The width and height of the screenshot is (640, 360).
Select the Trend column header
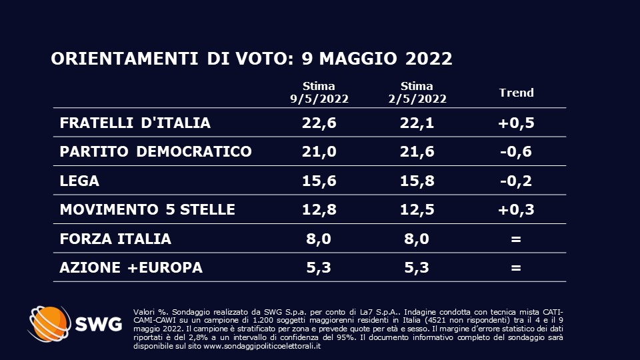tap(517, 93)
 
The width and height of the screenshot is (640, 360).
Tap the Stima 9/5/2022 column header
tap(319, 93)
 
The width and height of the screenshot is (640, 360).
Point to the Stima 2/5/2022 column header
tap(417, 93)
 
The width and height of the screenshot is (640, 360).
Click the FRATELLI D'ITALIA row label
tap(135, 123)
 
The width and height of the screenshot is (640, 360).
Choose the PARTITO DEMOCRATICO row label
tap(155, 151)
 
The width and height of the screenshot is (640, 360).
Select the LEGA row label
tap(79, 181)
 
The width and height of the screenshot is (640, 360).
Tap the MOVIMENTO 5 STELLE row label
tap(147, 209)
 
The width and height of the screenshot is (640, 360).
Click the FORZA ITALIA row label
tap(115, 239)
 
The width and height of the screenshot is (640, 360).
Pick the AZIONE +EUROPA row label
tap(131, 268)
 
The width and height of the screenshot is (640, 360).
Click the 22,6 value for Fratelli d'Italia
tap(319, 123)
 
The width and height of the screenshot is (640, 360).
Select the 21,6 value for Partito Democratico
tap(417, 151)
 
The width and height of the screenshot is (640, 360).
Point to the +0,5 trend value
tap(517, 123)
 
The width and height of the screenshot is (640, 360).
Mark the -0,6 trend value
tap(517, 151)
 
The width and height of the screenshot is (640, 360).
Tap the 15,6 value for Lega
tap(319, 181)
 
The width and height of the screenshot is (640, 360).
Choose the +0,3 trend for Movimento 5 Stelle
tap(517, 209)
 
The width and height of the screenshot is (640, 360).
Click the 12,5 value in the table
tap(417, 209)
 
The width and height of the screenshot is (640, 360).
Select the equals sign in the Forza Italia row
tap(515, 239)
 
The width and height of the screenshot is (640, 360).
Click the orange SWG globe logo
tap(48, 324)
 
